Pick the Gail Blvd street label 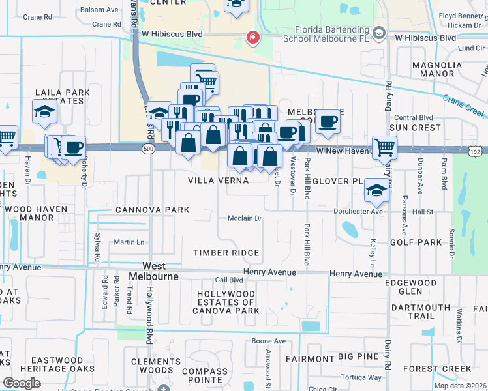pos(229,280)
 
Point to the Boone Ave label pos(269,341)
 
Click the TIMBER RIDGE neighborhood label pos(226,253)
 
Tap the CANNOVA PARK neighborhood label pos(152,210)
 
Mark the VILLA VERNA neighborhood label pos(218,180)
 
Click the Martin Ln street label pos(129,242)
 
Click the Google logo pos(22,383)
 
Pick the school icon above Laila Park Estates pos(44,111)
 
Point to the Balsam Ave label pos(99,10)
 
